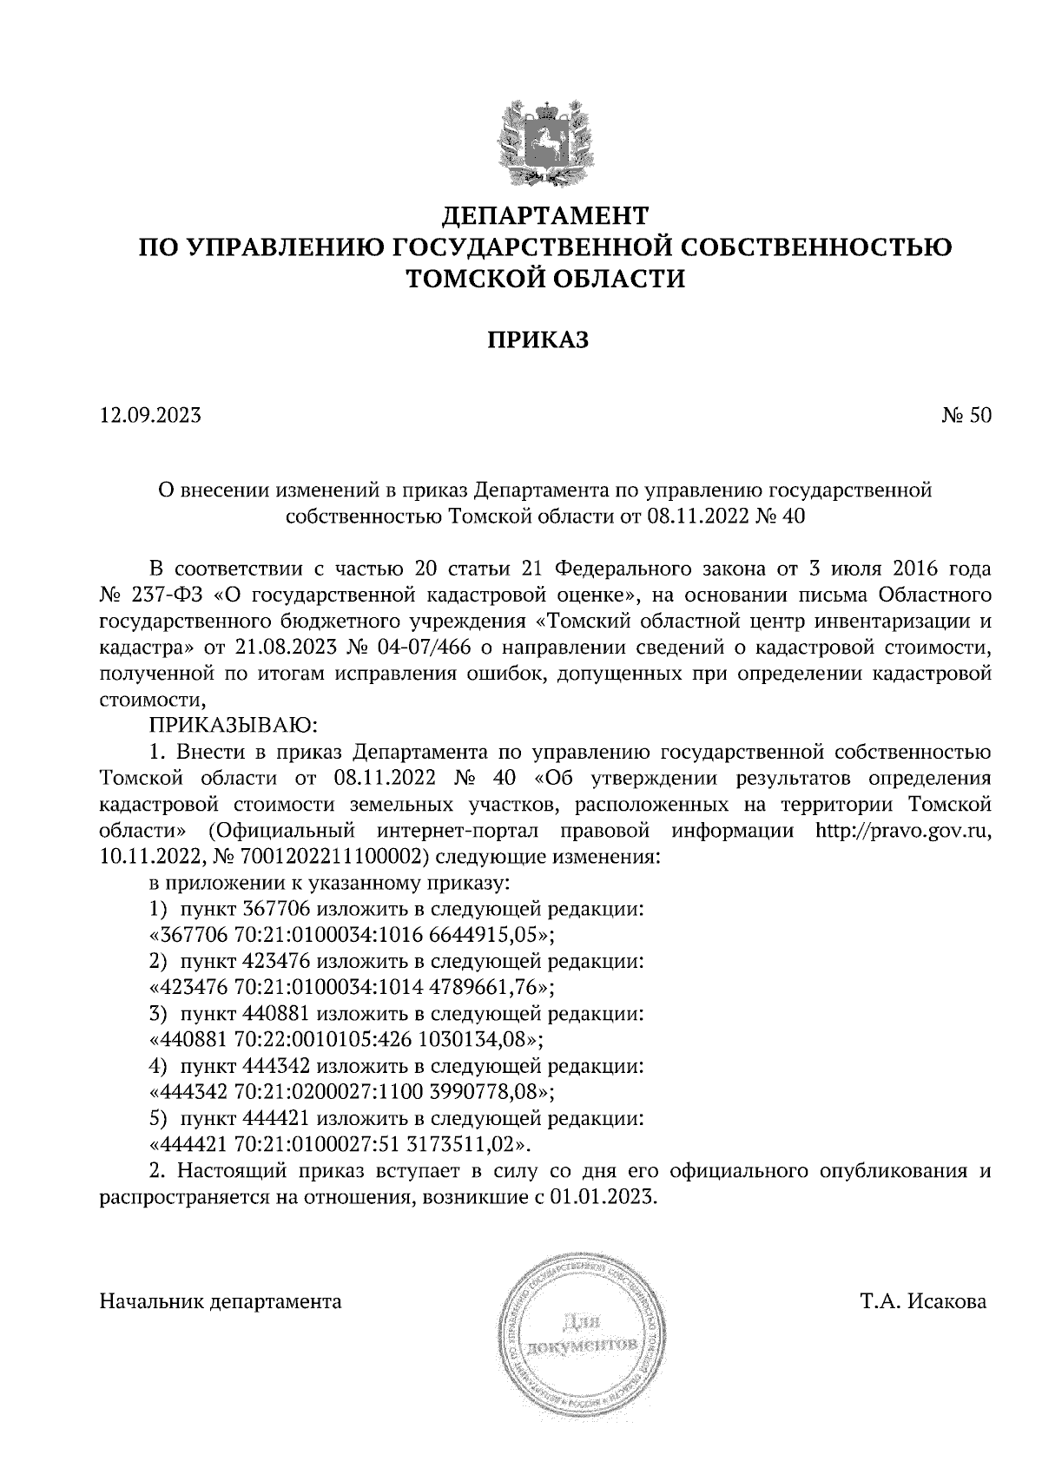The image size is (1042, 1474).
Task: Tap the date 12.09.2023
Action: [x=150, y=416]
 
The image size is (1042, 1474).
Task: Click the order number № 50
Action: [x=966, y=416]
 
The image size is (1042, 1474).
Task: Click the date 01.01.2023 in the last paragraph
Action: [x=603, y=1196]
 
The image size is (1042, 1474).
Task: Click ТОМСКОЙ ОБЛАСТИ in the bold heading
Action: [x=545, y=280]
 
